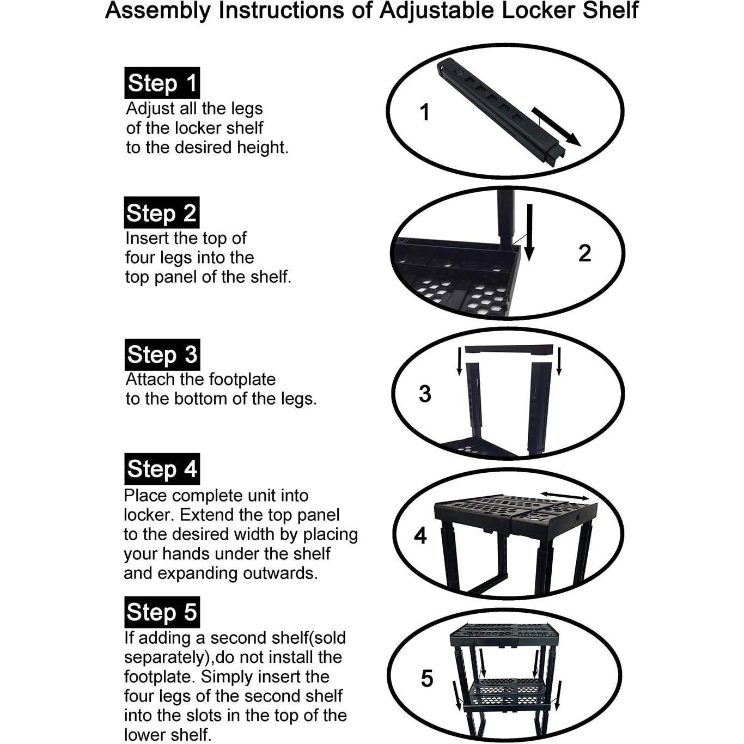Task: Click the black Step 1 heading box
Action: click(x=162, y=83)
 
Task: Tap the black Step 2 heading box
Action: click(x=162, y=213)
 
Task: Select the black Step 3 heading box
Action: click(x=162, y=355)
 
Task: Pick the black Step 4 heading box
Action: click(x=162, y=469)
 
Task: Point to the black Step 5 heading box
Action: click(x=162, y=612)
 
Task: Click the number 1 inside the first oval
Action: click(x=425, y=113)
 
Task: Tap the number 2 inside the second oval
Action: click(x=584, y=253)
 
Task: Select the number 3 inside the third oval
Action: click(x=425, y=394)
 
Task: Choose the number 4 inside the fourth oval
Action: click(x=420, y=536)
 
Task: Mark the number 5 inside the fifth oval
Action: click(x=426, y=679)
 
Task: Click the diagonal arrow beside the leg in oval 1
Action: click(x=556, y=127)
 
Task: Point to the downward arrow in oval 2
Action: click(x=529, y=233)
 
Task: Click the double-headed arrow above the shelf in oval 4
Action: click(x=565, y=495)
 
